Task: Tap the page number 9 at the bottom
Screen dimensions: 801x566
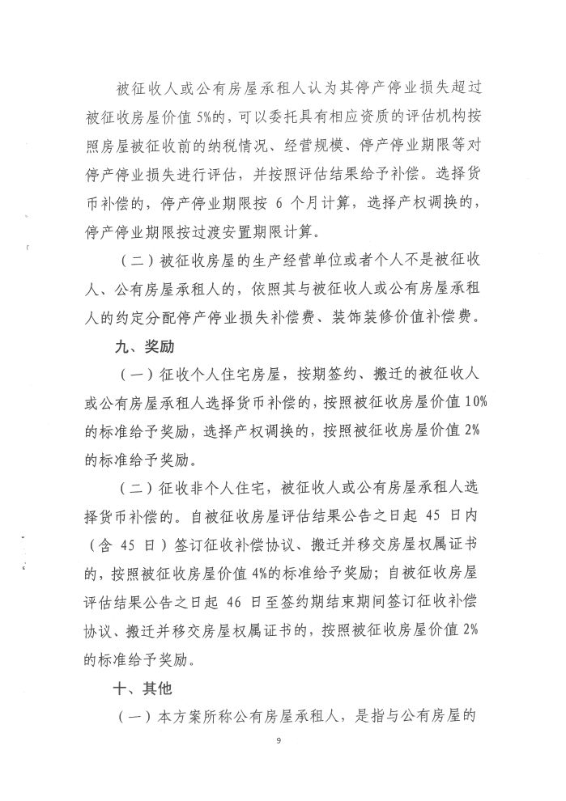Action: pos(278,742)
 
